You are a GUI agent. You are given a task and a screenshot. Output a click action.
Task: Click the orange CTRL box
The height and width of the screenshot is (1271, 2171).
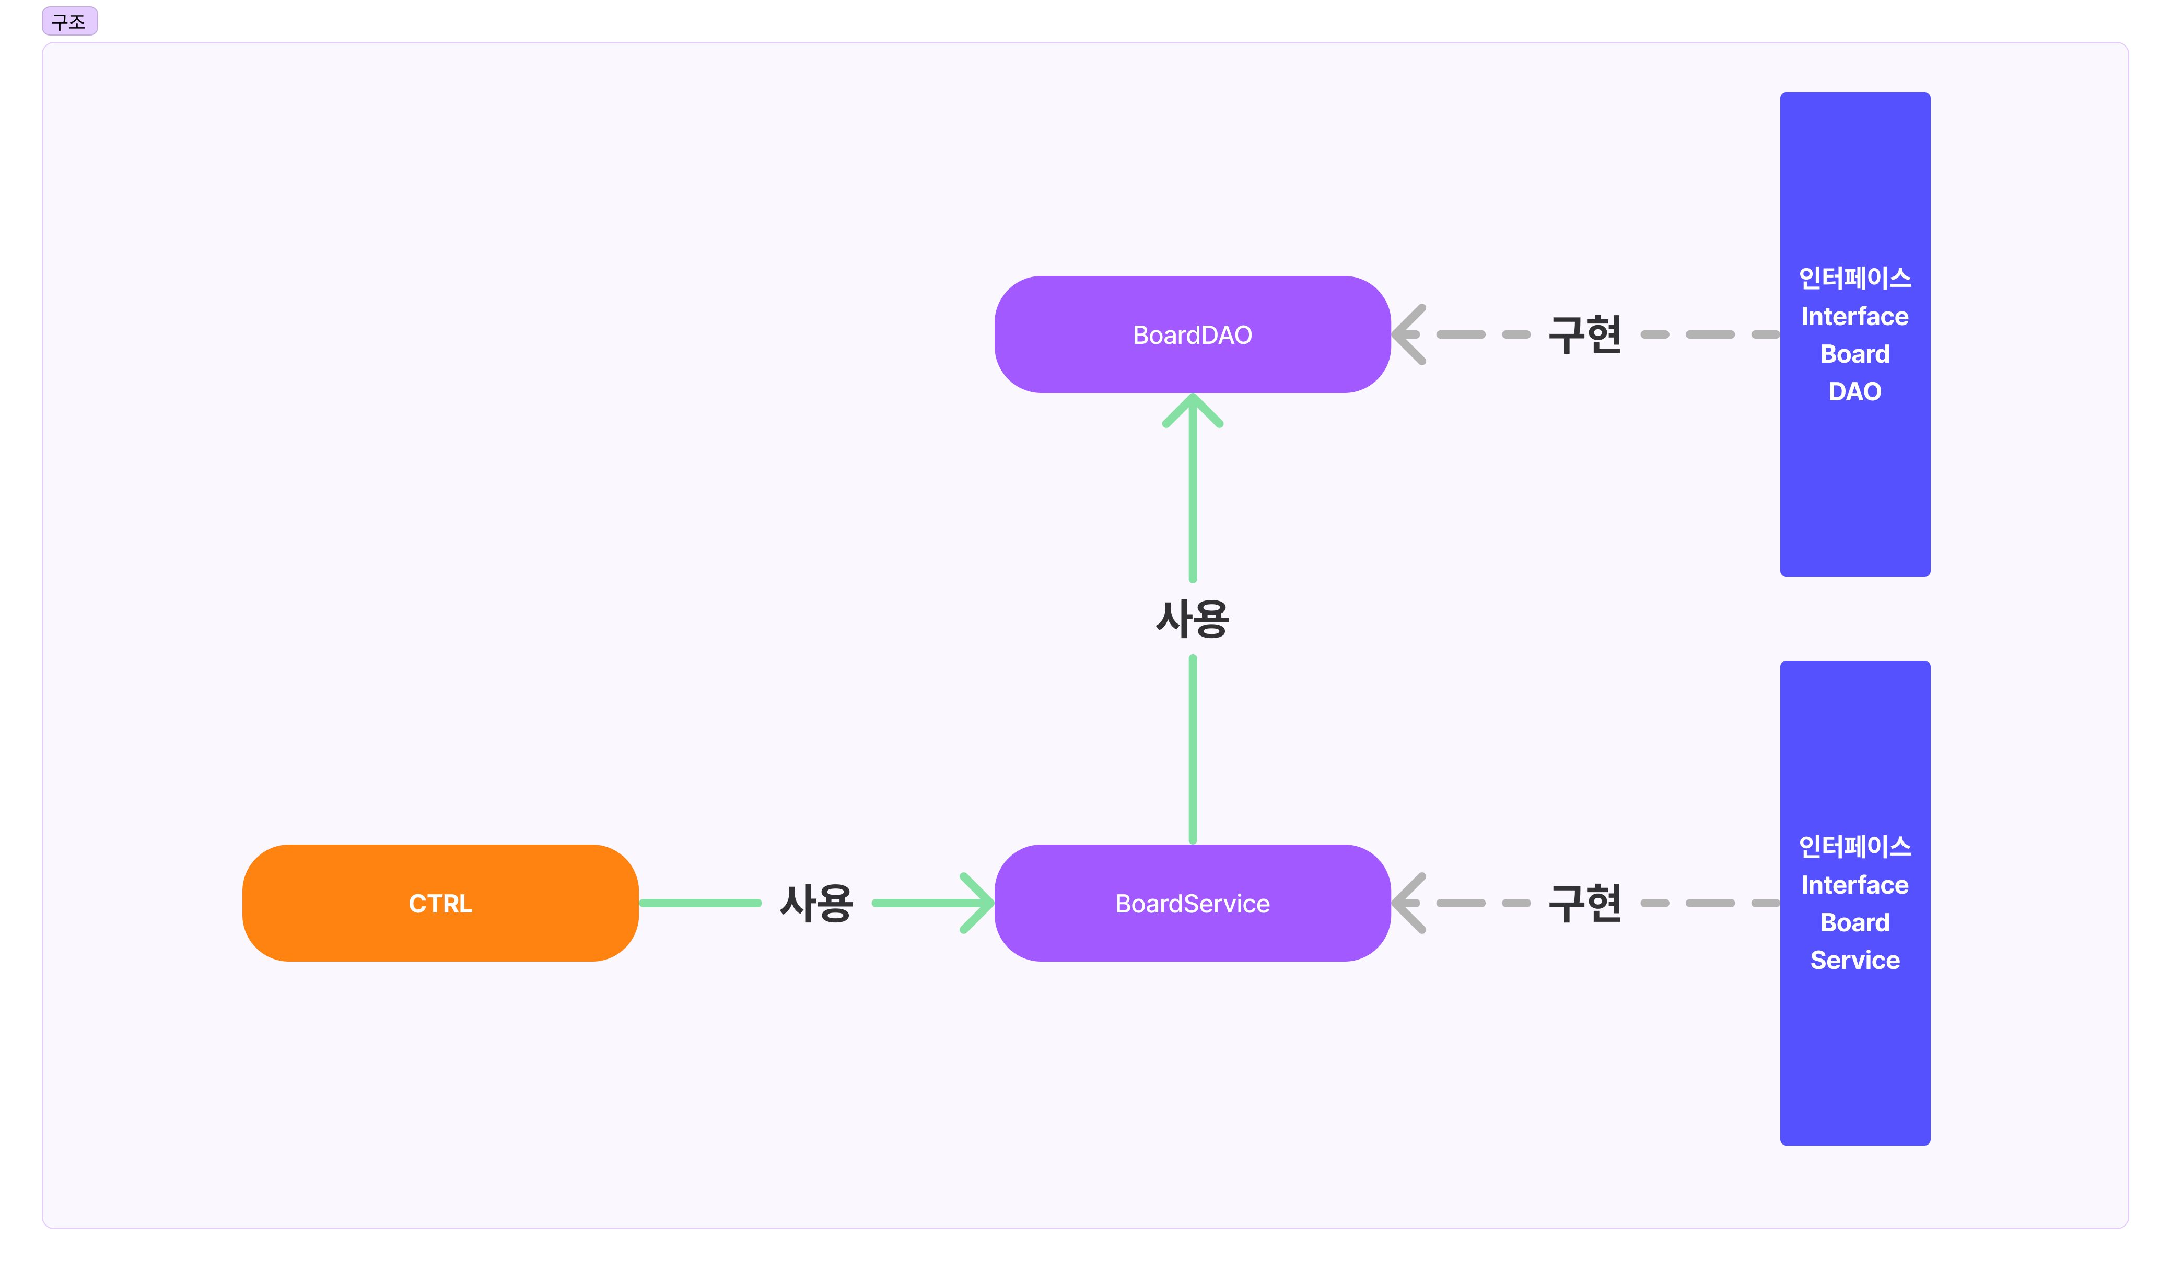click(440, 903)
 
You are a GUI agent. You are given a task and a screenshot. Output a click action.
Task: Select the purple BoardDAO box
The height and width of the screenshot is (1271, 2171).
click(1193, 334)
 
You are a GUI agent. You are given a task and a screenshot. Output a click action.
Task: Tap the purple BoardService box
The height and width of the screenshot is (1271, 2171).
click(1193, 903)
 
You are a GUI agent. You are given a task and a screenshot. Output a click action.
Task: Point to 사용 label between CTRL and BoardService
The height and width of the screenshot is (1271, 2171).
click(816, 903)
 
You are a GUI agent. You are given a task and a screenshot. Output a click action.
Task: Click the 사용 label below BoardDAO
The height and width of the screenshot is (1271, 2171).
click(1193, 619)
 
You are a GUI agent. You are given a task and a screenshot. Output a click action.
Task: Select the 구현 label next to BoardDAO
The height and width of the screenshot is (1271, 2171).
click(1584, 334)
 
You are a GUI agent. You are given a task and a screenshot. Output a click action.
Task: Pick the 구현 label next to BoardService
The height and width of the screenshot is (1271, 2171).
click(1584, 903)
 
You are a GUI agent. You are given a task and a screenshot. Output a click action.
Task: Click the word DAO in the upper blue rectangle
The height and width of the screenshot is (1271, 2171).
click(1855, 392)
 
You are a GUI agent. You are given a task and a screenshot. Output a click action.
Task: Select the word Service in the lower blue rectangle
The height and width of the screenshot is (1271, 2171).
click(1855, 960)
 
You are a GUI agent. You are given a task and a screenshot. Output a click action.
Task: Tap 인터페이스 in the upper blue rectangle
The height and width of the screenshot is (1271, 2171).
click(1855, 278)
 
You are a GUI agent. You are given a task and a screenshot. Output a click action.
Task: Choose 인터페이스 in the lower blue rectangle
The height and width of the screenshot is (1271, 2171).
click(1855, 846)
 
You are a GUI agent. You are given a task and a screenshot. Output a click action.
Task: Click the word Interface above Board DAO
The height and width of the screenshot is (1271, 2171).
click(1855, 316)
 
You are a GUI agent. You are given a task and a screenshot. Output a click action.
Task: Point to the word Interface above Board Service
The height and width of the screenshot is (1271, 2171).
click(1855, 885)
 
